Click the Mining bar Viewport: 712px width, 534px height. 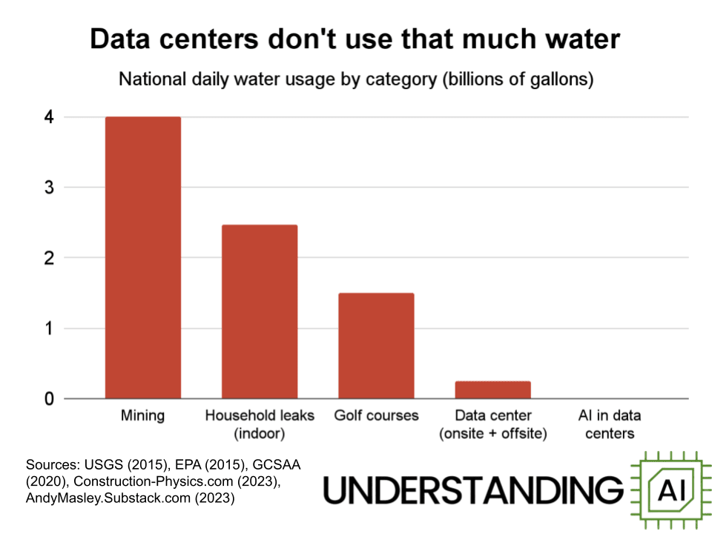[142, 257]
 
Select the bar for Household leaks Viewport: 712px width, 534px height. [260, 311]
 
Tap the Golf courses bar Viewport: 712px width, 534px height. [376, 346]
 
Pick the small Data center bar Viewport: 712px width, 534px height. [492, 390]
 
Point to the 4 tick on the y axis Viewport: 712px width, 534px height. [48, 117]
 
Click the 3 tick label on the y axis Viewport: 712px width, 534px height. [48, 188]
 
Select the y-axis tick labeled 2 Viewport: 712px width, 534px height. [48, 258]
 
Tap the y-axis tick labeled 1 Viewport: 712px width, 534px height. [48, 329]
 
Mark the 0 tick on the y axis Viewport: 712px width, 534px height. [48, 399]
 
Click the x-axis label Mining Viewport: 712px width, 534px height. [142, 415]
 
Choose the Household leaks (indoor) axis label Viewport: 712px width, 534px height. [260, 423]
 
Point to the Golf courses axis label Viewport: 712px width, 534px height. [376, 415]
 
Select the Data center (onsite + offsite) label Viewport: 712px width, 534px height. [492, 423]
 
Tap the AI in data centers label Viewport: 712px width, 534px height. [609, 423]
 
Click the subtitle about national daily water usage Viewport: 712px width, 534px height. [356, 79]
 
